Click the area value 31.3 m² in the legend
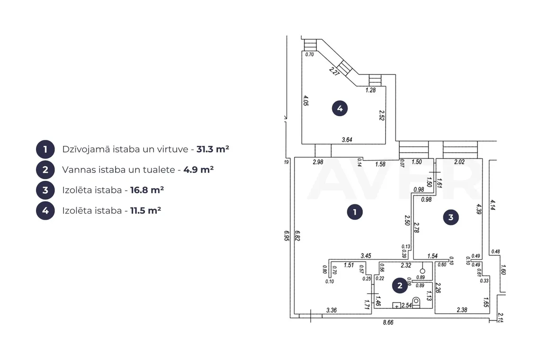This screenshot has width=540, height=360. point(213,149)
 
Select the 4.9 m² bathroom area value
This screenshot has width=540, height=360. point(198,170)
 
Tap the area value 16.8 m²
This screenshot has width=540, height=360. point(147,190)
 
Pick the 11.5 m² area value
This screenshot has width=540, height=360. point(145,210)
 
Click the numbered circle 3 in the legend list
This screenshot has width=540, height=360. point(45,190)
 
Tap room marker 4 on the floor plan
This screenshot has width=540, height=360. point(340,108)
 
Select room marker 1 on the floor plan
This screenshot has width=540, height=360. point(355,212)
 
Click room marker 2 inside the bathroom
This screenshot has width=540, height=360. point(400,286)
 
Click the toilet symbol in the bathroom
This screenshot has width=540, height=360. point(416,302)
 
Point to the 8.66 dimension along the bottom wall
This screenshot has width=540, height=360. point(388,323)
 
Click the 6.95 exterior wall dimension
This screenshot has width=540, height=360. point(287,235)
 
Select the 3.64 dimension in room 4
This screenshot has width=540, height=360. point(347,140)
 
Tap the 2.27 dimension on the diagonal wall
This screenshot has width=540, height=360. point(334,72)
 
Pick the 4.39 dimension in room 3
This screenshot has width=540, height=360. point(479,209)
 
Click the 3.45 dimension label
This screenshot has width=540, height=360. point(366,256)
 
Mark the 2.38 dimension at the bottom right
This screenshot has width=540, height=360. point(462,310)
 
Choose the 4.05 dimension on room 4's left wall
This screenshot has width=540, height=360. point(306,100)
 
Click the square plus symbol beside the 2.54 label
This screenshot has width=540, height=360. point(397,306)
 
